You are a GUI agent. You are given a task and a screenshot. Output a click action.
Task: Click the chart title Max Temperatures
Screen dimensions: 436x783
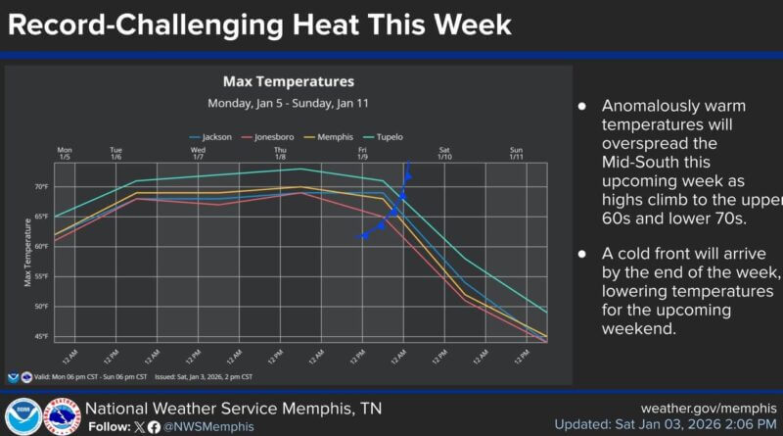pyautogui.click(x=288, y=81)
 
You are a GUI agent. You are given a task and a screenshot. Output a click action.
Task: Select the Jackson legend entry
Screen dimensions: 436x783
pyautogui.click(x=216, y=137)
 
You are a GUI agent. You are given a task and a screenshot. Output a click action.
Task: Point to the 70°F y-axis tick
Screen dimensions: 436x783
pyautogui.click(x=40, y=186)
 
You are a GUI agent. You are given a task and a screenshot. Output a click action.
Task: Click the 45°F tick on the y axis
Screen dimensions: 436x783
pyautogui.click(x=40, y=337)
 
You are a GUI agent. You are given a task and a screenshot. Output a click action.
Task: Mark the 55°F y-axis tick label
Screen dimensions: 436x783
pyautogui.click(x=40, y=276)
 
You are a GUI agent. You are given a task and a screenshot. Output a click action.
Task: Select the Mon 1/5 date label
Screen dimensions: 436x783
pyautogui.click(x=65, y=153)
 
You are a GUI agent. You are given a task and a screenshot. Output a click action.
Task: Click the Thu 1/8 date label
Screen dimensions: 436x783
pyautogui.click(x=280, y=153)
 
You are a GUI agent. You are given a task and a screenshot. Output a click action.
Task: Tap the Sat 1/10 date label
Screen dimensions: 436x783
pyautogui.click(x=444, y=153)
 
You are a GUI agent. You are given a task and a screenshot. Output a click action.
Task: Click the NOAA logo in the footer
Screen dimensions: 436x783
pyautogui.click(x=22, y=416)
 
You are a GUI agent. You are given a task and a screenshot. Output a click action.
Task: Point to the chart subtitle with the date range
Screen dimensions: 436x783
pyautogui.click(x=288, y=103)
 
